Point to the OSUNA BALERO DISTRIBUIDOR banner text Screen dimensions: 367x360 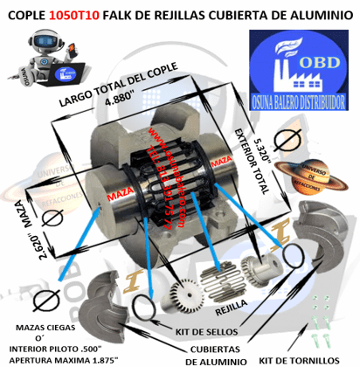[300, 95]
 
